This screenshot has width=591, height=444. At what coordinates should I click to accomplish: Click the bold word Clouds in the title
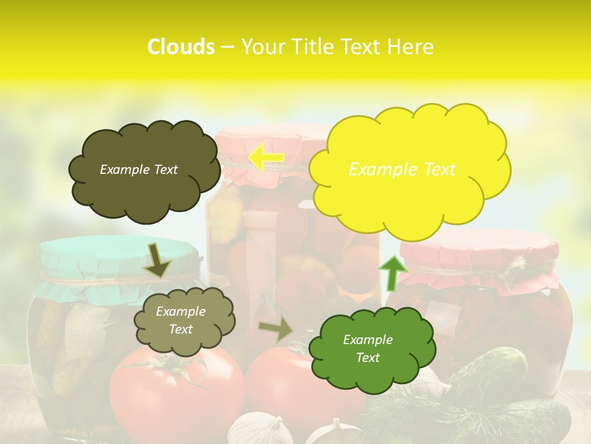click(180, 47)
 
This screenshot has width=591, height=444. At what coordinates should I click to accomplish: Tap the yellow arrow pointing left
click(266, 158)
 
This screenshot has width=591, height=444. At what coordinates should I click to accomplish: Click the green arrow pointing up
click(392, 273)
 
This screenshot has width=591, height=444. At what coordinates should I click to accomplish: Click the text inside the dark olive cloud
click(139, 170)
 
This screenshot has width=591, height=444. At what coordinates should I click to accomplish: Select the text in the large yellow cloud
click(402, 170)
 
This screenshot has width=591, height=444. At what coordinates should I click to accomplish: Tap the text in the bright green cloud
click(368, 348)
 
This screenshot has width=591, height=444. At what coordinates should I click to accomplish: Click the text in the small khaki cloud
click(180, 321)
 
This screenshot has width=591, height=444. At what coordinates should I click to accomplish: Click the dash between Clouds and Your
click(227, 47)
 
